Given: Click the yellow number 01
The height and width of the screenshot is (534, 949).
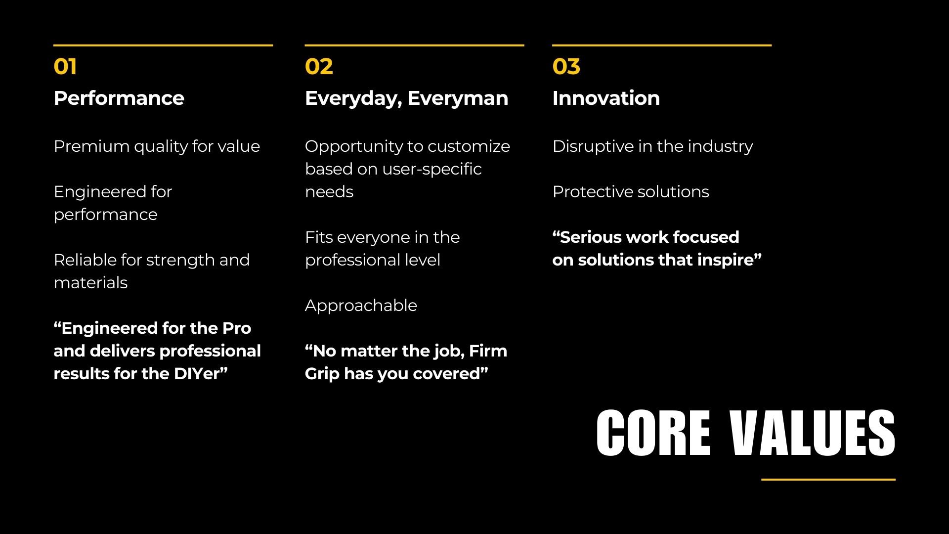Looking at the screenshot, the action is tap(65, 67).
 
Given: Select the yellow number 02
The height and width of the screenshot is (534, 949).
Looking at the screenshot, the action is tap(319, 67).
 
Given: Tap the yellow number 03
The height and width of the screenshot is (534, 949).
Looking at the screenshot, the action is tap(566, 67).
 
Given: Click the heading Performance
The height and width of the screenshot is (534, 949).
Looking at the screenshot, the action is tap(119, 98).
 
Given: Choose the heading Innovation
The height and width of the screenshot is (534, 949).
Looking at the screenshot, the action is tap(606, 98).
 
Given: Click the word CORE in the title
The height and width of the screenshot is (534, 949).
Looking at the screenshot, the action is tap(653, 433).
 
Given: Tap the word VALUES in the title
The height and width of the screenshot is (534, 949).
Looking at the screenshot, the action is tap(813, 433).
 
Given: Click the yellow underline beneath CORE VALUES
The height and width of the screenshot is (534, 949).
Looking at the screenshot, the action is tap(828, 479).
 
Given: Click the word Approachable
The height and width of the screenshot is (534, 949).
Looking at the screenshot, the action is tap(361, 306).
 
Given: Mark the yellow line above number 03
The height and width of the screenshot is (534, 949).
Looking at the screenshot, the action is tap(662, 45).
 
